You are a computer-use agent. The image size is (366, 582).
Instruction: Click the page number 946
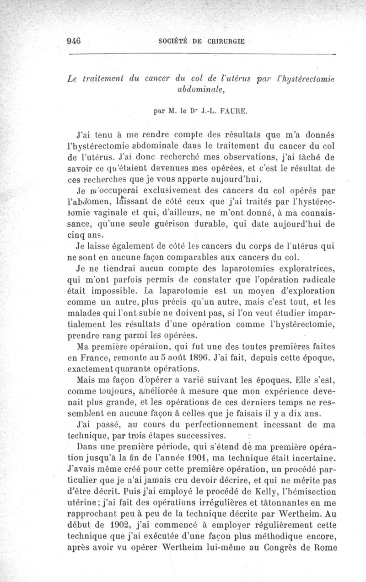point(74,40)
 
